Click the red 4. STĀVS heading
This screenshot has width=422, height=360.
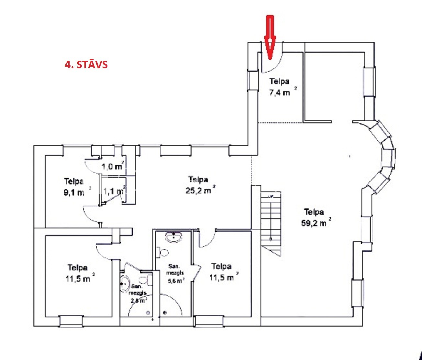coord(86,65)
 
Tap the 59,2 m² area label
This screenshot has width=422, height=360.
coord(316,223)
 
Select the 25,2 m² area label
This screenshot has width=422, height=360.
coord(200,191)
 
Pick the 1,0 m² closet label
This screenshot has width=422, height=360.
coord(113,166)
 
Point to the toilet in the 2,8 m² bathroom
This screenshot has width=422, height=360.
coord(146,280)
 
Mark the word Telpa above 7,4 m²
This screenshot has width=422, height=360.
coord(279,82)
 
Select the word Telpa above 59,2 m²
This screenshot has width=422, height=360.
coord(314,212)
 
